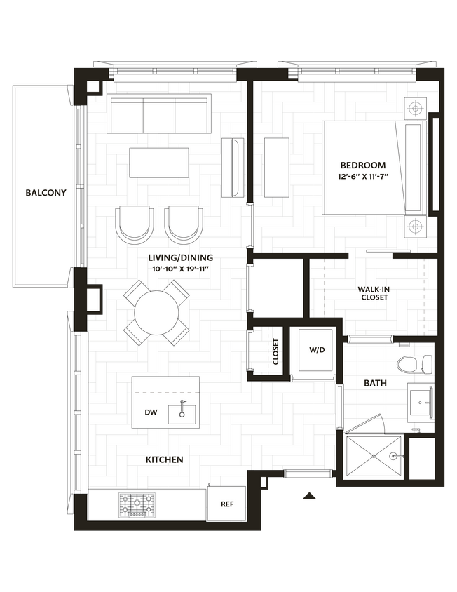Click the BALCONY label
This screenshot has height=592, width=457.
(x=46, y=193)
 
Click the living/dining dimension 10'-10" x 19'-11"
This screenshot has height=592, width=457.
(x=181, y=269)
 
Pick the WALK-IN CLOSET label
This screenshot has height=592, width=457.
(x=373, y=292)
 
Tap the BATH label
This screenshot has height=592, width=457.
(x=374, y=384)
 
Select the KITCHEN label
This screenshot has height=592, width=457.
(x=165, y=460)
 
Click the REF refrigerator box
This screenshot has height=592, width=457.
(x=226, y=504)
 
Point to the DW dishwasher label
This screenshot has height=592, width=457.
(x=151, y=413)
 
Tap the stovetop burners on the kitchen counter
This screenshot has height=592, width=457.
(x=137, y=504)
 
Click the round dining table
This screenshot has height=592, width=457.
(x=156, y=312)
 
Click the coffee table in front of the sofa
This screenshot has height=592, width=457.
(x=159, y=162)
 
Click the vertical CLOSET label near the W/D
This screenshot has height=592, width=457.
(x=275, y=353)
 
